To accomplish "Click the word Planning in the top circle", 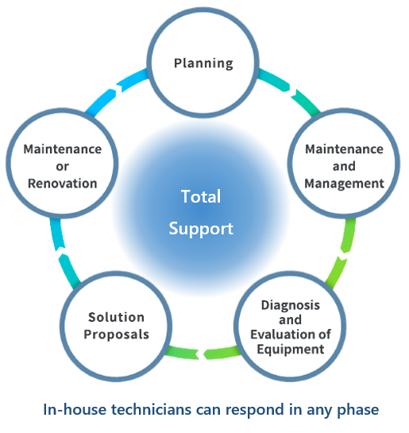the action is tap(203, 64).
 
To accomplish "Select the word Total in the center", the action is tap(201, 196).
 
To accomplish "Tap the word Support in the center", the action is tap(201, 229).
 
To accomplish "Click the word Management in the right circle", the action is tap(344, 184).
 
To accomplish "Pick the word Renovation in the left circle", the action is tap(63, 184).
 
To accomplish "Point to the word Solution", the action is tap(116, 317).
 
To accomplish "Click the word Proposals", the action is tap(116, 334).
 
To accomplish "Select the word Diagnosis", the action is tap(291, 305).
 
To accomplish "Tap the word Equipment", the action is tap(291, 350).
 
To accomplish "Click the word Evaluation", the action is tap(283, 334).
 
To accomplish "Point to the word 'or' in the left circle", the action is tap(63, 167).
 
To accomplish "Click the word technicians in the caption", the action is tap(151, 409).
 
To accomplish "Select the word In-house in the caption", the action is tap(75, 409).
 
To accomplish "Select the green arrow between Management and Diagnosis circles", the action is tap(342, 254).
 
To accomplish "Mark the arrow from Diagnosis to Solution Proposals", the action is tap(203, 354).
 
